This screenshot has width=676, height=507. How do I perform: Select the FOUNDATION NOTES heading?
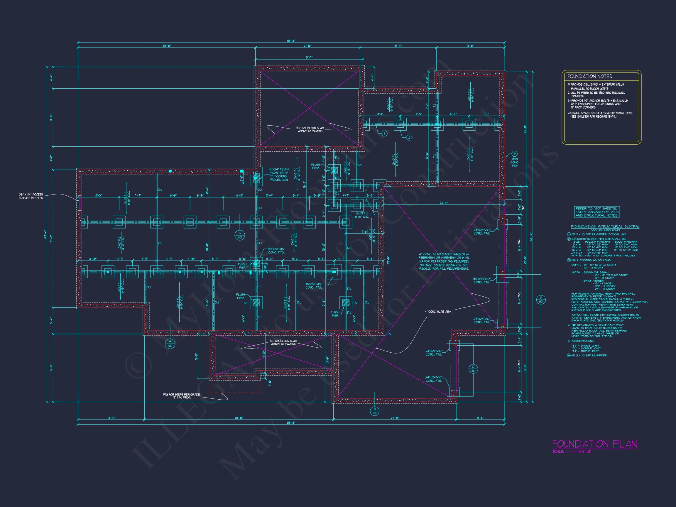point(589,76)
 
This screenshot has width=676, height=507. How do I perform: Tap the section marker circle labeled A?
point(170,344)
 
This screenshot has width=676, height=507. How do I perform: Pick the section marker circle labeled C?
point(240,235)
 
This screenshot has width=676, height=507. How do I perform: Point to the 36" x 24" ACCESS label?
point(31,196)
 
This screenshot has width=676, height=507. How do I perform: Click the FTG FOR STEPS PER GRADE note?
point(181,396)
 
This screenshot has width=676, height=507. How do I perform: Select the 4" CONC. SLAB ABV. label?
point(438,312)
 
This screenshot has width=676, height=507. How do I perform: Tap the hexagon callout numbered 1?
point(385,133)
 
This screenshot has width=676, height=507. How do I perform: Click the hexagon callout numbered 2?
point(409,138)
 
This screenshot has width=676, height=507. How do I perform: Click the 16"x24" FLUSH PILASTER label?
point(278,175)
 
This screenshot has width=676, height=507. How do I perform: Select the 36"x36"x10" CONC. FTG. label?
point(314,286)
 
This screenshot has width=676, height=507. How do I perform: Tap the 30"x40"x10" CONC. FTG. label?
point(482,280)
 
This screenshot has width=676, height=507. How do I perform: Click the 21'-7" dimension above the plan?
point(309,58)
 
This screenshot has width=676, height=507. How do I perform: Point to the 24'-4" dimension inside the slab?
point(443,203)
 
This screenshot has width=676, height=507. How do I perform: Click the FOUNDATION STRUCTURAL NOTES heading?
point(605,227)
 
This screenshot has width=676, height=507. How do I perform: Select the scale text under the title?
point(572,460)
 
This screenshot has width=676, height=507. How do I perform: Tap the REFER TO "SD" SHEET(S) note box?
point(597,212)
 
